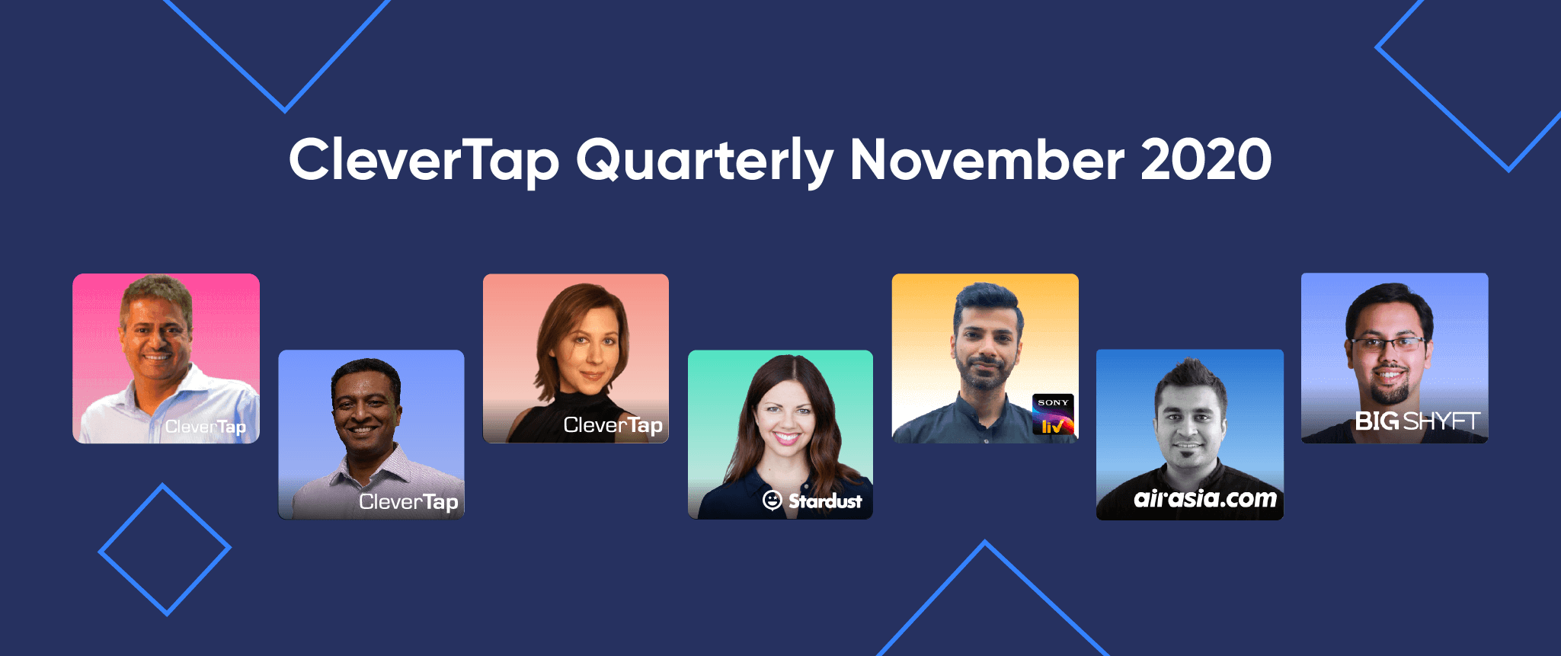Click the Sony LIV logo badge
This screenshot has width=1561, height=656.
click(x=1053, y=414)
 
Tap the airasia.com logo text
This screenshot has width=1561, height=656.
click(x=1204, y=498)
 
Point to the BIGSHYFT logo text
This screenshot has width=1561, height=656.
click(x=1417, y=421)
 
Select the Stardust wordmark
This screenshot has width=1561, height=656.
click(x=825, y=501)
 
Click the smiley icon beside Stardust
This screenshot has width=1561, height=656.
click(x=772, y=501)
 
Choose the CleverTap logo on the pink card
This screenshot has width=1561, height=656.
click(x=205, y=427)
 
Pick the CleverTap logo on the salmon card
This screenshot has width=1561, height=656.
click(x=613, y=425)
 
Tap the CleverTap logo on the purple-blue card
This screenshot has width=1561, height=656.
click(x=408, y=501)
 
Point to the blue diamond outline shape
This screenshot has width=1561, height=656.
click(x=165, y=549)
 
